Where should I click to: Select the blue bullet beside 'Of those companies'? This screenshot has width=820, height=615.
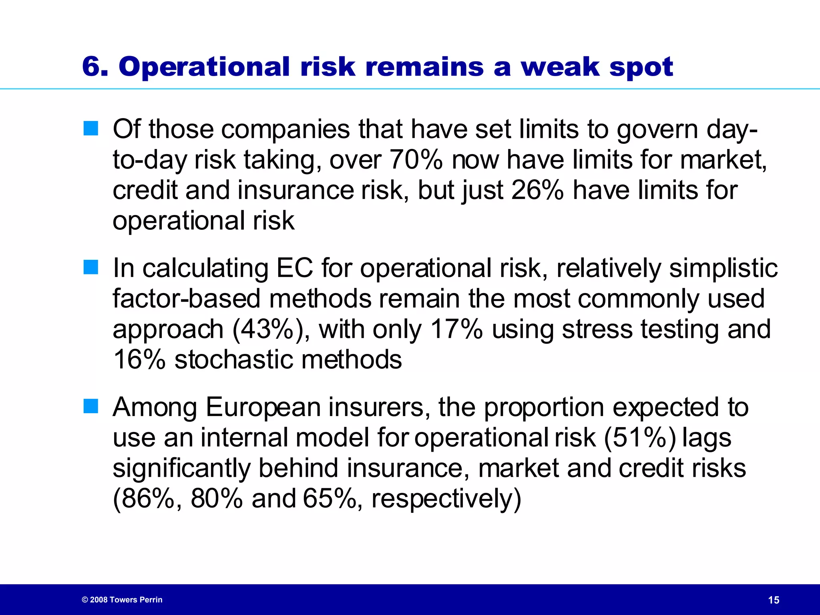point(91,129)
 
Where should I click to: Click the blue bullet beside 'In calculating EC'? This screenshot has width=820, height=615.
point(91,267)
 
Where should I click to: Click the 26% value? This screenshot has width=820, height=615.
point(537,190)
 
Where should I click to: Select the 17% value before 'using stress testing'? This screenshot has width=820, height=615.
point(456,330)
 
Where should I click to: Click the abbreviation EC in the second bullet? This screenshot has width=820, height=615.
point(295,268)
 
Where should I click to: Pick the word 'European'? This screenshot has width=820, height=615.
point(263,407)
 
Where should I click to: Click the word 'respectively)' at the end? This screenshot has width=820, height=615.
point(446,499)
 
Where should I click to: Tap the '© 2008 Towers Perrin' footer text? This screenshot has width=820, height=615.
point(122,600)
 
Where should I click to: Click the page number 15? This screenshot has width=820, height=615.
point(774,600)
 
